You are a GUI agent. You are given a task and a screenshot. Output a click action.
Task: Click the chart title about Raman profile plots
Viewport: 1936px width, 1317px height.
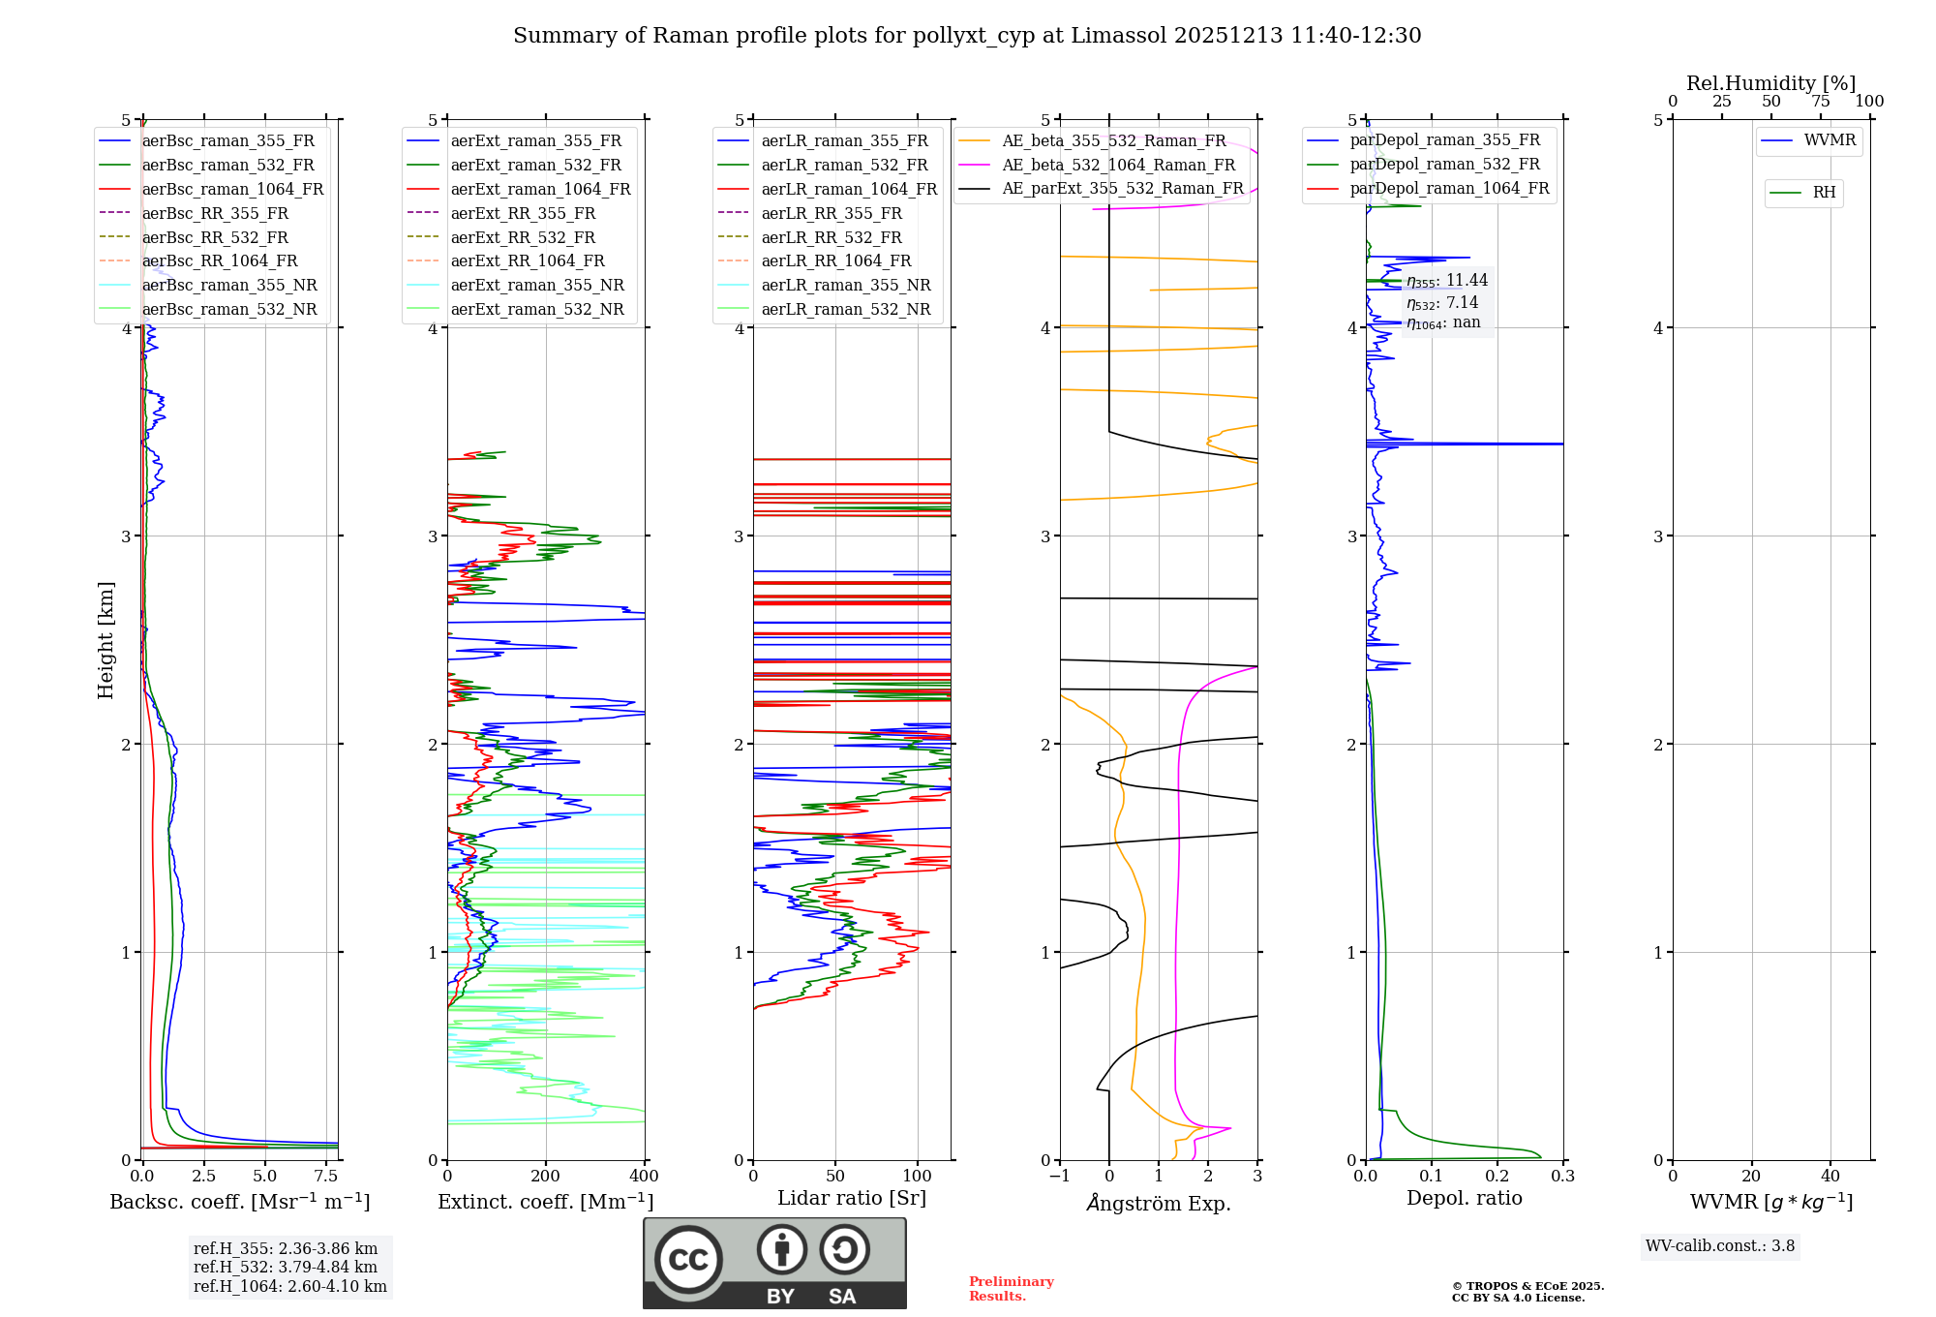point(967,36)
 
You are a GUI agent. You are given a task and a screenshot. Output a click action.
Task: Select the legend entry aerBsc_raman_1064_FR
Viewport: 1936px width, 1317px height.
point(232,190)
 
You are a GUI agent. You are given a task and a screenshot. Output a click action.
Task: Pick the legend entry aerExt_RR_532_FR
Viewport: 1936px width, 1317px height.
point(523,237)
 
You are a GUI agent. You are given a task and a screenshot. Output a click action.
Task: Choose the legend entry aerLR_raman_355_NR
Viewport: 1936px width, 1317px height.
point(845,286)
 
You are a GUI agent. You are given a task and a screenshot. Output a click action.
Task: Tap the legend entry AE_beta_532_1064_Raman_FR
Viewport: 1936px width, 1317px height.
point(1118,166)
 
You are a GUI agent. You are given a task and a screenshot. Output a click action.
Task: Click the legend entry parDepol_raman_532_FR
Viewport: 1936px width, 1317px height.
point(1444,165)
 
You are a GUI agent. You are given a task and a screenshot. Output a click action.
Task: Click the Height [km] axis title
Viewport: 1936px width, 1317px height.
point(106,640)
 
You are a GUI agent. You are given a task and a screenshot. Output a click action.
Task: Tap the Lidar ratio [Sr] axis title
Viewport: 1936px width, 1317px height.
point(852,1198)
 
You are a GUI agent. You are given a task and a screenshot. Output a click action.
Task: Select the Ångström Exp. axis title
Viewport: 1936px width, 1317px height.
point(1159,1203)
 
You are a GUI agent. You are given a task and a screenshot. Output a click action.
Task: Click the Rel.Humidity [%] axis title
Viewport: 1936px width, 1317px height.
point(1770,83)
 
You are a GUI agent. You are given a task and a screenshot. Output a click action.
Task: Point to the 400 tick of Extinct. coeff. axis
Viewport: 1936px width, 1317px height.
point(645,1177)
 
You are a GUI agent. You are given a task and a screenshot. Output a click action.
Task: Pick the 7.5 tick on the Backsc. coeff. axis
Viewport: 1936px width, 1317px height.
point(326,1177)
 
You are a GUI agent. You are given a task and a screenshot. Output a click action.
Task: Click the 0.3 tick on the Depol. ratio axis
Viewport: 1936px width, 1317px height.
point(1562,1177)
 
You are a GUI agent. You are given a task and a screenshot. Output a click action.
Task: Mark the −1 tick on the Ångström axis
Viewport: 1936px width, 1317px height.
point(1059,1177)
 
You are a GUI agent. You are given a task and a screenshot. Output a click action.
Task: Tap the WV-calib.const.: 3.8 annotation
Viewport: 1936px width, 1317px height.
point(1720,1246)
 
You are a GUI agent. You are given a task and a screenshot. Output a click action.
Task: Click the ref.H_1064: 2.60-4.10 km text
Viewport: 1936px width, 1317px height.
point(290,1287)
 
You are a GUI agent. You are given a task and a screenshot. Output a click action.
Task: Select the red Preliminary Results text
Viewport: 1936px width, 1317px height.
point(1011,1289)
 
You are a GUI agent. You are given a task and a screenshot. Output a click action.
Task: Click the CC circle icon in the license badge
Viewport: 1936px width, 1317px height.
point(688,1259)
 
